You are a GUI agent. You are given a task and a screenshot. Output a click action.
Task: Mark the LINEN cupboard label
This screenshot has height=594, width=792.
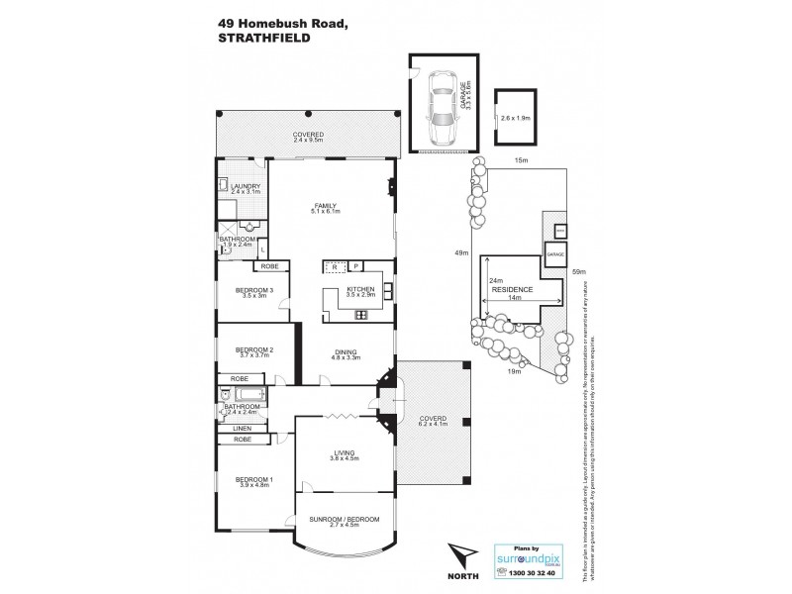pos(241,428)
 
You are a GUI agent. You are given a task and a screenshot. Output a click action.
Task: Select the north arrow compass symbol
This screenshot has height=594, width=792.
pos(457,550)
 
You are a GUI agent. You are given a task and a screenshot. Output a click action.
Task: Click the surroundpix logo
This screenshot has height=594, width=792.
pos(528,556)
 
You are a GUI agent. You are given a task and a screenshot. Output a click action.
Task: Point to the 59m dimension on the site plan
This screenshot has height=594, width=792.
pos(579,271)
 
